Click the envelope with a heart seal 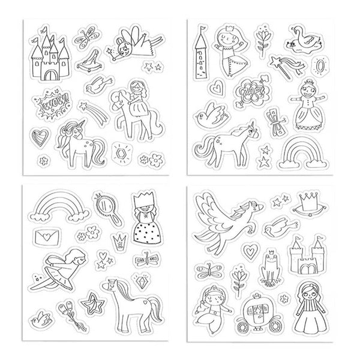click(x=47, y=236)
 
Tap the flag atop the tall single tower click(x=203, y=28)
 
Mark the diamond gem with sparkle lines click(x=140, y=281)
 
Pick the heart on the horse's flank click(x=145, y=302)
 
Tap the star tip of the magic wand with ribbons click(x=275, y=61)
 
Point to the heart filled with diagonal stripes click(x=40, y=137)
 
